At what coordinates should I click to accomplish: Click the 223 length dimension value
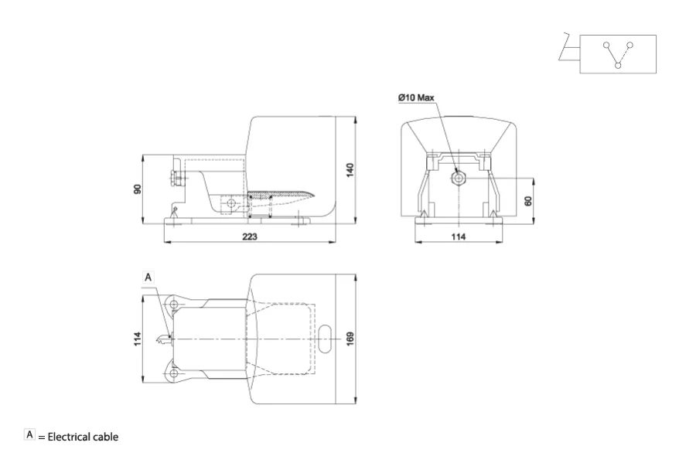coord(250,237)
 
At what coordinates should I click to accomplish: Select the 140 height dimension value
coord(350,170)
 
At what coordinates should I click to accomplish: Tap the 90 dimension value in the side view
coord(137,189)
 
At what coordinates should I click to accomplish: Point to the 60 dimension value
coord(527,201)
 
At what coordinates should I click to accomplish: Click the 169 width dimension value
coord(350,339)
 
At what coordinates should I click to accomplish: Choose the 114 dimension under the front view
coord(459,237)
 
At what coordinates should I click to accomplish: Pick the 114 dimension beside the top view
coord(137,339)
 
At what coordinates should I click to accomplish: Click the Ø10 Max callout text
coord(416,97)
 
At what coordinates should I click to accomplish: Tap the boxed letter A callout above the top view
coord(148,277)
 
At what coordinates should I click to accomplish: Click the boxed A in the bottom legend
coord(29,434)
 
